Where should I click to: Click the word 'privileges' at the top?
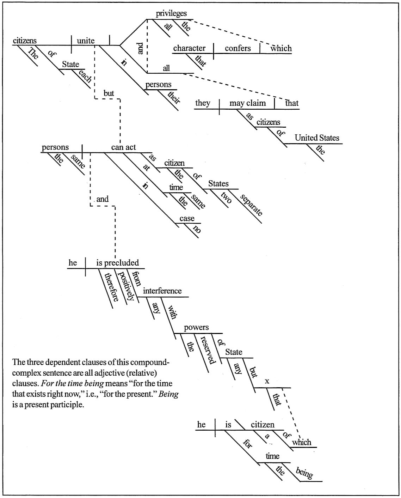171,14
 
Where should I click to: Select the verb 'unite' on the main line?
86,41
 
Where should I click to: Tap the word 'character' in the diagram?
189,48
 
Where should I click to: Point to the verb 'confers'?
238,48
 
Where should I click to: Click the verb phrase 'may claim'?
247,103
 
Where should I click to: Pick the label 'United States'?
317,138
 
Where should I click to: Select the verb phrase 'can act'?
123,147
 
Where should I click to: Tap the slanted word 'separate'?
251,205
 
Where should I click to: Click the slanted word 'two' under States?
226,198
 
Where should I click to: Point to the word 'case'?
187,218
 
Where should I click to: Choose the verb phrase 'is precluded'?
117,263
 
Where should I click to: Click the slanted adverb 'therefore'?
112,287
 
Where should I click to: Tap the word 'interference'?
162,291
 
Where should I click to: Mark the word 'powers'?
196,327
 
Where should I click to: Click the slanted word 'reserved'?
208,350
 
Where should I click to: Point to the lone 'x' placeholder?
267,381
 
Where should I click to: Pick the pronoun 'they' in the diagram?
203,103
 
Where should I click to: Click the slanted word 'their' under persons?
174,97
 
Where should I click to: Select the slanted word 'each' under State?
85,76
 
